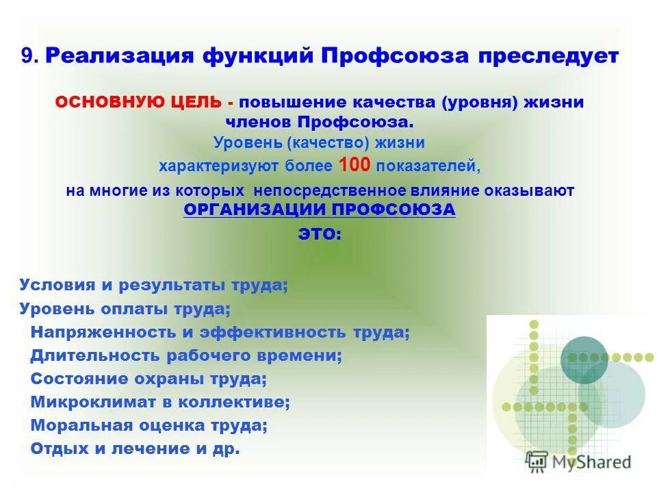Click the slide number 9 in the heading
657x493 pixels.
27,57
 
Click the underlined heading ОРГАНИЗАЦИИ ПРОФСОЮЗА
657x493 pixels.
320,210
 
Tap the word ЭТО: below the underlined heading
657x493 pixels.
320,233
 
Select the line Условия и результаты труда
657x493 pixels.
153,286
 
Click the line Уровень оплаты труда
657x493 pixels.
125,309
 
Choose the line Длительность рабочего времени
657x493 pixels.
186,356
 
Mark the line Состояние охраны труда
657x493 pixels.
149,379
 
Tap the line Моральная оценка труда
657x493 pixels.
149,425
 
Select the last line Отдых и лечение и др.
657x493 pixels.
135,449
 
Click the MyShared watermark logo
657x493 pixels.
578,461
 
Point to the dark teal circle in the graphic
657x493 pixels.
584,359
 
